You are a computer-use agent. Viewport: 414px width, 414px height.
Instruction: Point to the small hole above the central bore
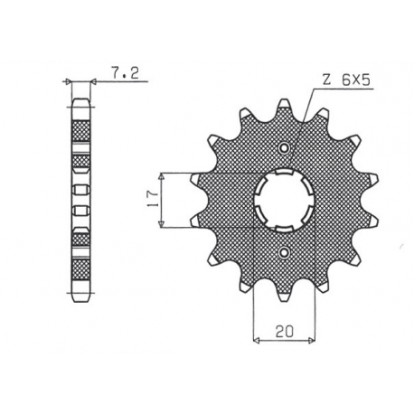(285, 147)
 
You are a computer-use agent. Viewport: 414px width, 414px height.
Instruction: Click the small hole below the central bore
(285, 252)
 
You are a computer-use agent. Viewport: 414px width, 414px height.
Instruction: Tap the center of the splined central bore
(285, 200)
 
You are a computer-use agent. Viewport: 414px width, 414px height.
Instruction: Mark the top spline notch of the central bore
(285, 172)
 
